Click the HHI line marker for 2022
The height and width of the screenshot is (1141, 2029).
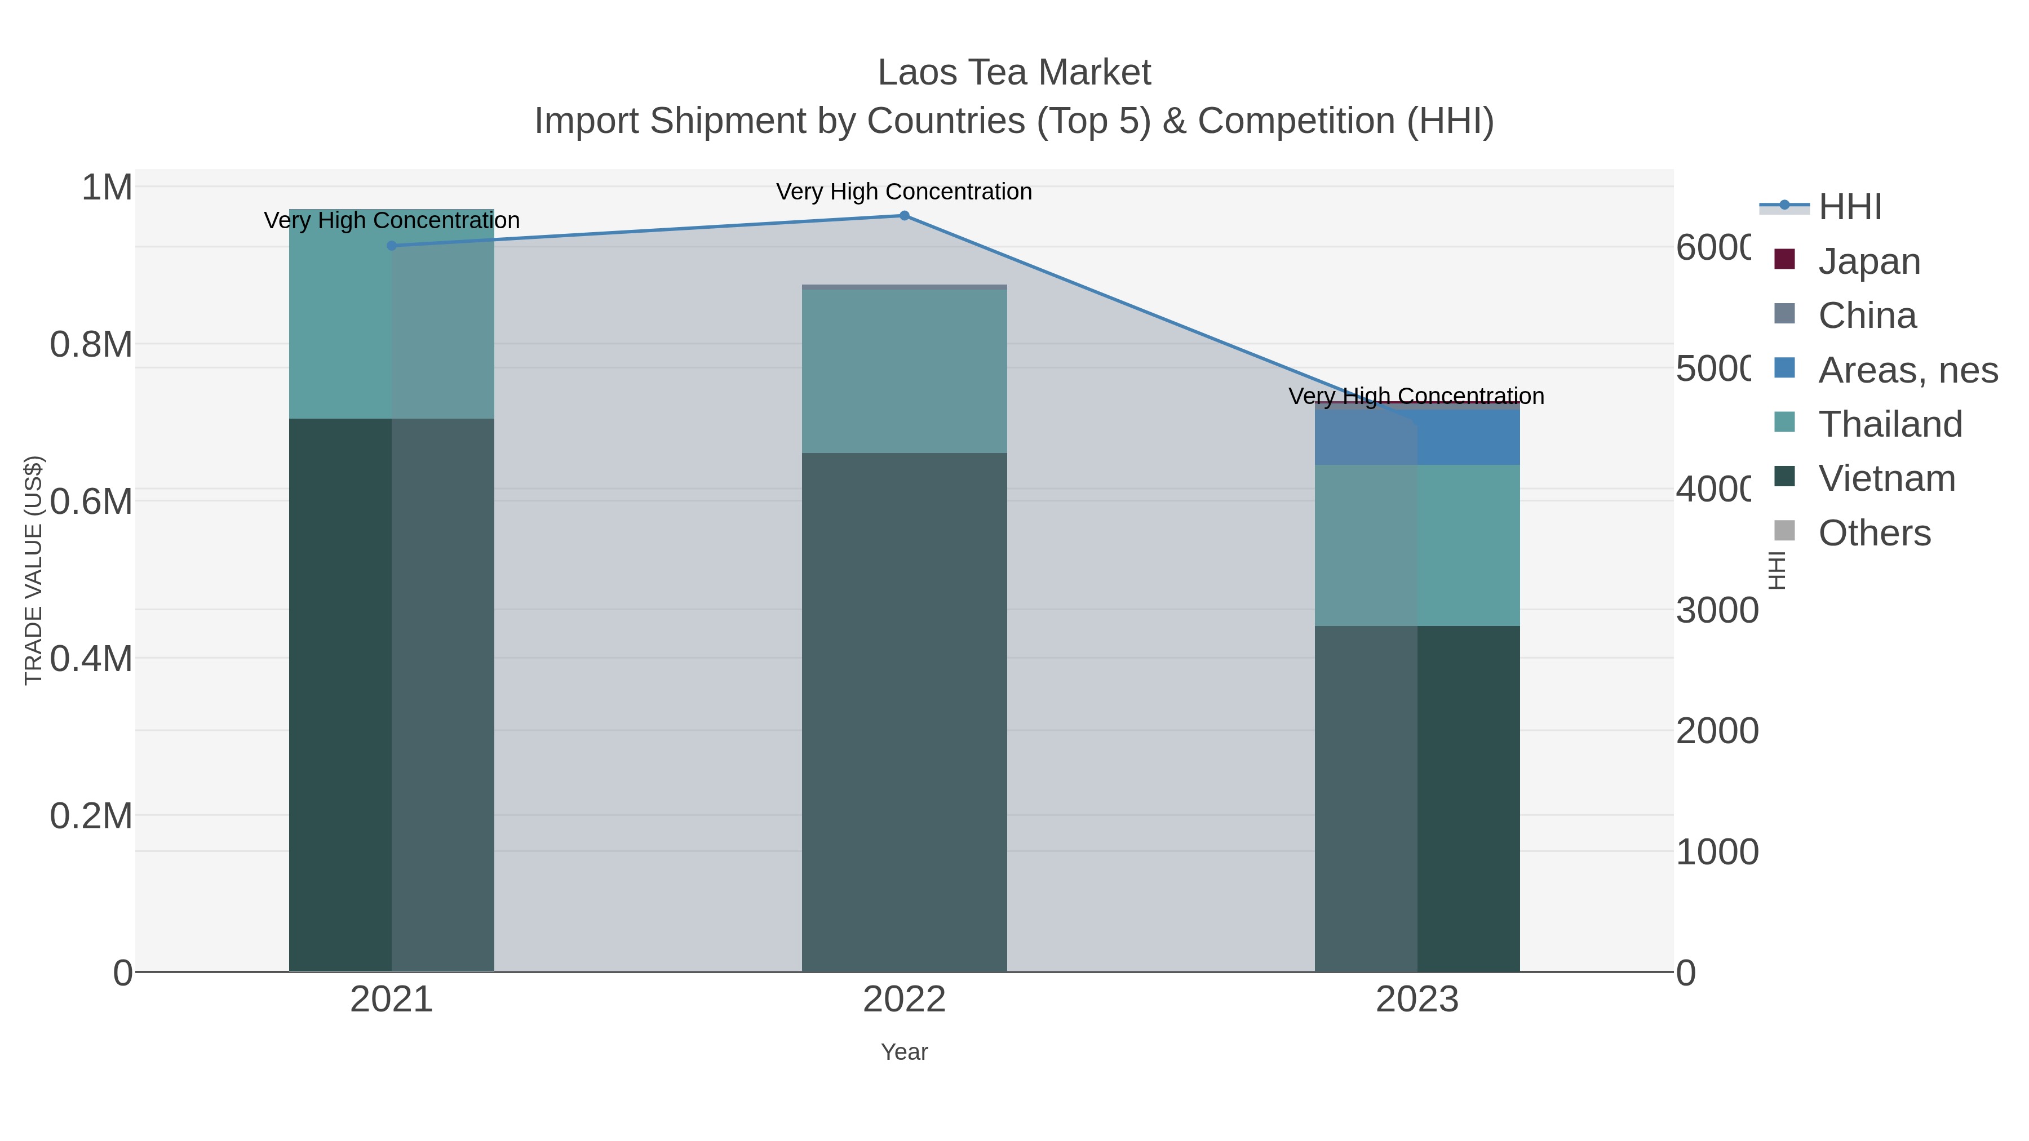pos(904,216)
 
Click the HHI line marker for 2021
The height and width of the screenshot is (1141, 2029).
pos(392,246)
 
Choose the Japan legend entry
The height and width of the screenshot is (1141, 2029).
pos(1868,261)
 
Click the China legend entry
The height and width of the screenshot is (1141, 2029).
pos(1867,316)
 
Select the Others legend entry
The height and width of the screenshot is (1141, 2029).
pos(1874,533)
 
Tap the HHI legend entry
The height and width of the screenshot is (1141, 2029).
pos(1849,207)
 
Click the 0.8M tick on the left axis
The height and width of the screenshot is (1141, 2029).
pos(91,345)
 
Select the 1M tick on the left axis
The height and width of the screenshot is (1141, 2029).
pos(107,188)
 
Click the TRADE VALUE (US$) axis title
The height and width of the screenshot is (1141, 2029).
pos(33,570)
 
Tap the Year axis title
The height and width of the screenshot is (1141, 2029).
pos(904,1052)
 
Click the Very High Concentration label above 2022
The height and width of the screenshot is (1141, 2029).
pos(904,192)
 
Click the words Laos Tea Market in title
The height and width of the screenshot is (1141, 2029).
pos(1014,73)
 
